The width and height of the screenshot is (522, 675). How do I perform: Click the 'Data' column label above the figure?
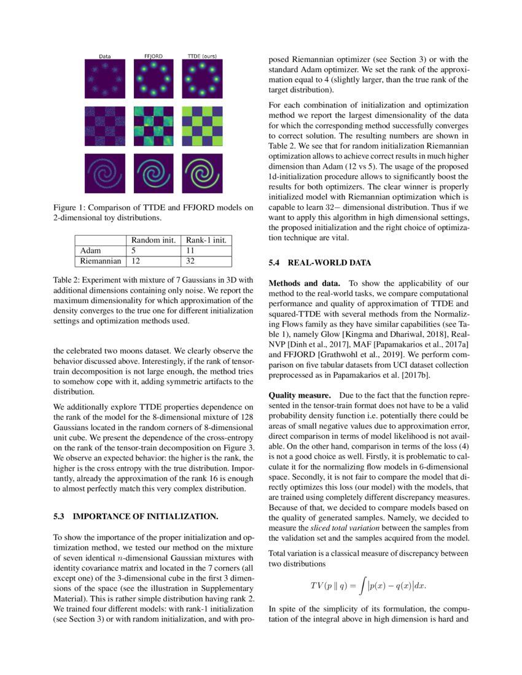point(104,56)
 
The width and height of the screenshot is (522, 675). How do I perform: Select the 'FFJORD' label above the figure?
point(153,56)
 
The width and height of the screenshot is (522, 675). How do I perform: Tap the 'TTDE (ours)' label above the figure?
point(201,56)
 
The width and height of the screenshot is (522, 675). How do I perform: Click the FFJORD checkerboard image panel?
point(153,125)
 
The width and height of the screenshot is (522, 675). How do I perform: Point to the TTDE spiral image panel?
point(202,173)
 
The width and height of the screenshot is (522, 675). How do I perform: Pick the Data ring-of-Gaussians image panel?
point(104,79)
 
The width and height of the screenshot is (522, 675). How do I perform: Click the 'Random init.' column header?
point(152,240)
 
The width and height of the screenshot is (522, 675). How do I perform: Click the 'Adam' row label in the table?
point(92,250)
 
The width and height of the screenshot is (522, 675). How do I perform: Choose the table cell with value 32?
point(191,261)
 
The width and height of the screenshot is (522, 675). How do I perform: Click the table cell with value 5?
point(132,250)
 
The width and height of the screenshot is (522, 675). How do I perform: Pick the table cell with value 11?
point(190,250)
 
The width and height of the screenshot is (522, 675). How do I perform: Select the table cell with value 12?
point(134,261)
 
